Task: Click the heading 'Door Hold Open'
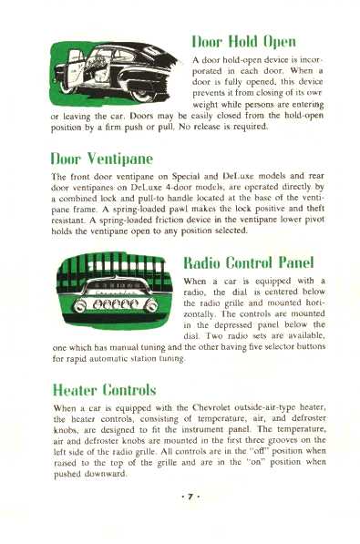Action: tap(245, 44)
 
